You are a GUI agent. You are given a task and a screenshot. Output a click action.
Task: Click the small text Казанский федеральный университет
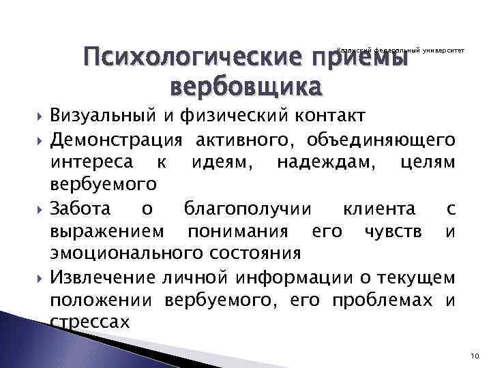[x=400, y=50]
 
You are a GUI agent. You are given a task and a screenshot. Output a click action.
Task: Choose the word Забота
[x=83, y=209]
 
